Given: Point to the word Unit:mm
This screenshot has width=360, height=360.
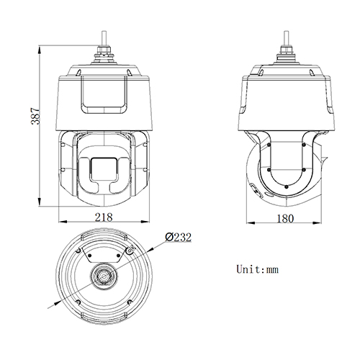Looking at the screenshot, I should tap(257, 270).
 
